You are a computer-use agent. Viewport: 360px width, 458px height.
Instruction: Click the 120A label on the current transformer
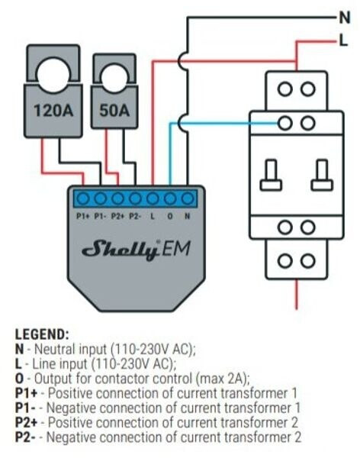click(53, 111)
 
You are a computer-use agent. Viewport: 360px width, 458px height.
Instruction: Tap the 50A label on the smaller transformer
click(114, 111)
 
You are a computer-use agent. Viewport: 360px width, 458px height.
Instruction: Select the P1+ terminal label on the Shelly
click(82, 217)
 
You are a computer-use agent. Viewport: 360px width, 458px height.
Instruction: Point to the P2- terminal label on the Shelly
click(135, 217)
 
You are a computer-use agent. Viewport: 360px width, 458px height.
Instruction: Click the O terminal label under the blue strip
click(170, 217)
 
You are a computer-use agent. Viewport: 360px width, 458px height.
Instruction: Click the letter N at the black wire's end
click(345, 18)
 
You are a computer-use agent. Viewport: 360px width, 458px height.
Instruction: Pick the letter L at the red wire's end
click(344, 40)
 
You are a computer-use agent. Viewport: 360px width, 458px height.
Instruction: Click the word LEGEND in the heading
click(41, 334)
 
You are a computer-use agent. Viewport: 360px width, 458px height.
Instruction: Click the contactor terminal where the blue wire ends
click(285, 123)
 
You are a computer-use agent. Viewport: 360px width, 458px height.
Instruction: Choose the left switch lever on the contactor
click(272, 175)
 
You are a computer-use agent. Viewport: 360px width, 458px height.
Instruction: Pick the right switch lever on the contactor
click(322, 175)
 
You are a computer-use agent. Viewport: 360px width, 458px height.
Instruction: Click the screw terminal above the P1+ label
click(82, 199)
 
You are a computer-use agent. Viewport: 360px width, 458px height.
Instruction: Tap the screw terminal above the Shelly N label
click(188, 199)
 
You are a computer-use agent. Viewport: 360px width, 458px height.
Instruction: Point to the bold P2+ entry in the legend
click(26, 423)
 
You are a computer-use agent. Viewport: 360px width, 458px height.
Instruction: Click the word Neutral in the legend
click(56, 350)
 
